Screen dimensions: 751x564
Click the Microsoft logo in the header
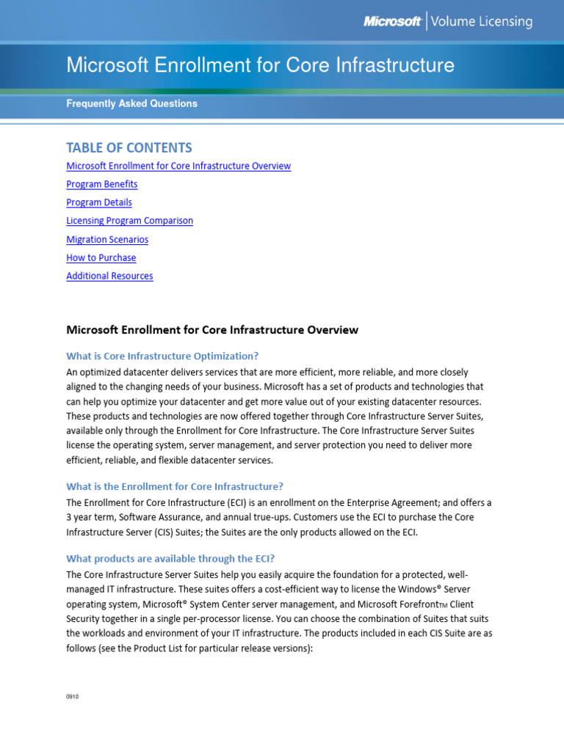pyautogui.click(x=392, y=22)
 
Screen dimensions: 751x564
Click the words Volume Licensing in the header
pyautogui.click(x=482, y=22)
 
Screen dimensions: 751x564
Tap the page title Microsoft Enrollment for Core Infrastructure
pyautogui.click(x=260, y=65)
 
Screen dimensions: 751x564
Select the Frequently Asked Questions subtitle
pyautogui.click(x=131, y=103)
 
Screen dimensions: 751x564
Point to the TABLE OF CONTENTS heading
pyautogui.click(x=129, y=147)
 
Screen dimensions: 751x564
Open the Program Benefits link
pyautogui.click(x=101, y=184)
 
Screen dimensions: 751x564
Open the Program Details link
pyautogui.click(x=99, y=202)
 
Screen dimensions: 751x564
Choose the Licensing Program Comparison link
pyautogui.click(x=129, y=221)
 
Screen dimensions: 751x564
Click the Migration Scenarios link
pyautogui.click(x=107, y=240)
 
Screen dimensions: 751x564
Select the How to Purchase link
pyautogui.click(x=101, y=258)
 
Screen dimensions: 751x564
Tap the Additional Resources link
pyautogui.click(x=109, y=276)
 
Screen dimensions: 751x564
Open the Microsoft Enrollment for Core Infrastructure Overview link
pyautogui.click(x=178, y=166)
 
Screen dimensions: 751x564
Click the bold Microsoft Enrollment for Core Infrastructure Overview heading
pyautogui.click(x=212, y=330)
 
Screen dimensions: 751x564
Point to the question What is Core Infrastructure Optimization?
pyautogui.click(x=162, y=356)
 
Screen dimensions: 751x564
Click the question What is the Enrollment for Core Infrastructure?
pyautogui.click(x=175, y=486)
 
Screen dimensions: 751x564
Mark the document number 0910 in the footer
pyautogui.click(x=72, y=697)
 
